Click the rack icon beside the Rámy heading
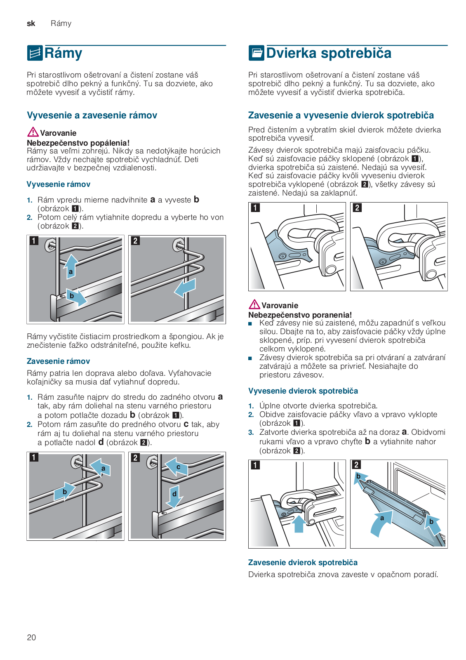[35, 53]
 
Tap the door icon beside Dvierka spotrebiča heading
[256, 53]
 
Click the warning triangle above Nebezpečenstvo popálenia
[33, 132]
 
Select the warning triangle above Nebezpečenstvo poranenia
[254, 304]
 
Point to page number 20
[31, 637]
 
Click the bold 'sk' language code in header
[31, 24]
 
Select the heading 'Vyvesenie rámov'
[58, 184]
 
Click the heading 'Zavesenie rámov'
[58, 361]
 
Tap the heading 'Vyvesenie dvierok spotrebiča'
[303, 391]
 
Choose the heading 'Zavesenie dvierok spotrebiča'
[303, 563]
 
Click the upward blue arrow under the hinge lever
[299, 523]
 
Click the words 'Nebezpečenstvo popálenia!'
[78, 143]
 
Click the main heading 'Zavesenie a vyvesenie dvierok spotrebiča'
[341, 115]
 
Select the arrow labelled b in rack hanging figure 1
[64, 491]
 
